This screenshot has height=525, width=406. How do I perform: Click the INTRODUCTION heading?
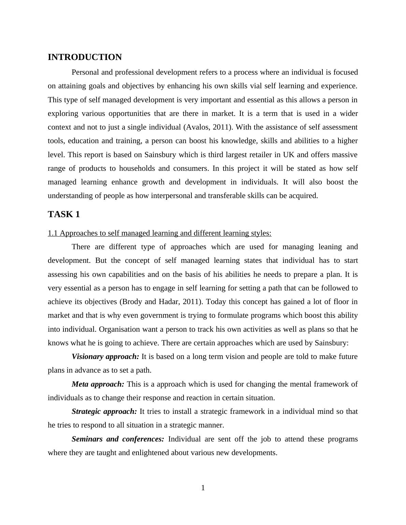click(85, 57)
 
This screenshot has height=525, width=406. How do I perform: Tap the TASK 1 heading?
click(64, 214)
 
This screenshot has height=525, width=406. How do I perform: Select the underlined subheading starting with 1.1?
click(159, 233)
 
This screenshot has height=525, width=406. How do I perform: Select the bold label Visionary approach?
click(105, 357)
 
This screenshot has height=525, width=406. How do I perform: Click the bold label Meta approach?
click(98, 384)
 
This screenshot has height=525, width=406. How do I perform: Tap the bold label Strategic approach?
click(104, 411)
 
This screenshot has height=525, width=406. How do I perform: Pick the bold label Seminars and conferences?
click(118, 439)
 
